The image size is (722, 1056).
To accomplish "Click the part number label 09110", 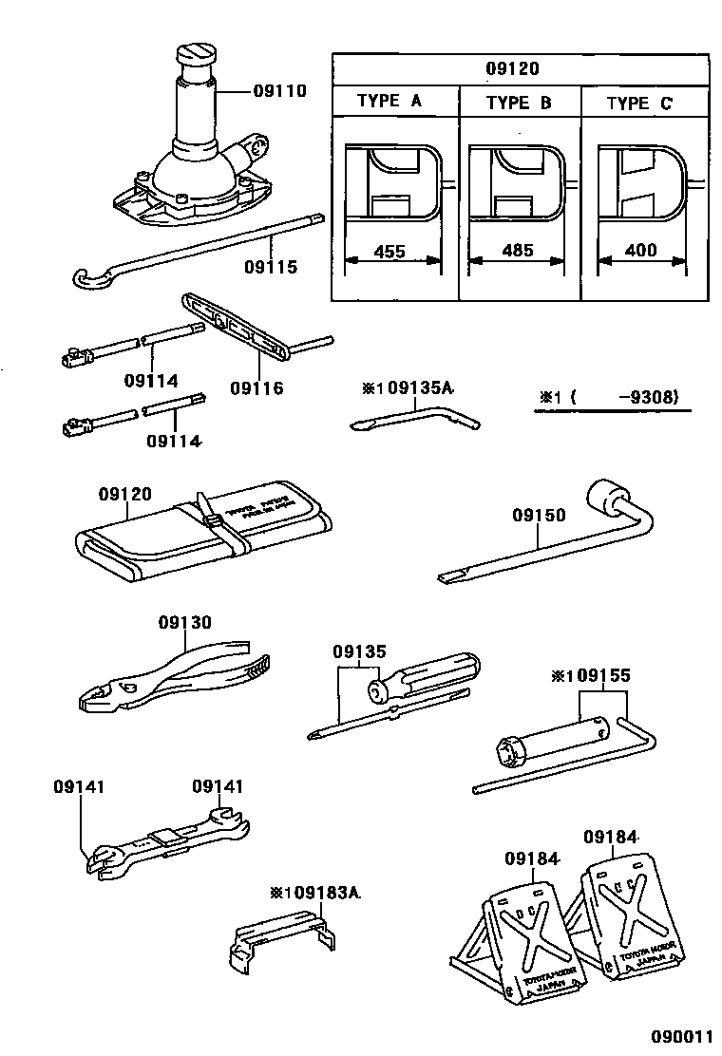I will (279, 91).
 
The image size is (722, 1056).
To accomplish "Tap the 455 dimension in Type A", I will (390, 252).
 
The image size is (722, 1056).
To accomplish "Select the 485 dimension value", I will (517, 252).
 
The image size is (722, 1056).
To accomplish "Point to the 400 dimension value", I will (642, 252).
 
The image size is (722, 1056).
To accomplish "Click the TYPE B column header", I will (519, 103).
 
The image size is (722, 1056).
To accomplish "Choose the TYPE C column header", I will (638, 103).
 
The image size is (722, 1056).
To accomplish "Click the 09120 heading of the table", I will (520, 68).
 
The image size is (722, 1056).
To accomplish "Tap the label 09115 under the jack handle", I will (271, 267).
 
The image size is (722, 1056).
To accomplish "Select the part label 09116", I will (256, 387).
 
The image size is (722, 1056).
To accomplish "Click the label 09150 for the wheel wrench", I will (539, 516).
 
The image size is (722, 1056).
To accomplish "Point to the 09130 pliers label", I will (185, 622).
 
